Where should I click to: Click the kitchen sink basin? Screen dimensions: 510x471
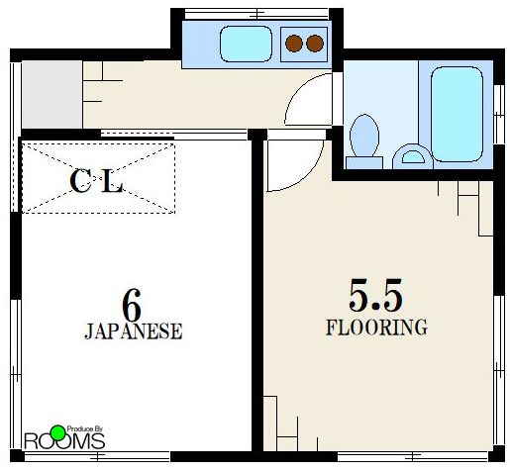point(247,44)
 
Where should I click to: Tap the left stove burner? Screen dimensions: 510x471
point(294,44)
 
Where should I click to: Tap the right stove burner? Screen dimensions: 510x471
point(315,44)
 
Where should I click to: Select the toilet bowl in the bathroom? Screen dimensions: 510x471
point(364,136)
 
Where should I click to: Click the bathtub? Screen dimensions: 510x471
point(457,114)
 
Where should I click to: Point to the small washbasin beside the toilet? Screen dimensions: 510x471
point(413,156)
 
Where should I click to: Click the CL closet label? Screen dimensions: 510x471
point(96,181)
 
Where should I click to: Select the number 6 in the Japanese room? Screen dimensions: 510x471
point(132,306)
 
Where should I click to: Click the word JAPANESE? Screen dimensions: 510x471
point(134,331)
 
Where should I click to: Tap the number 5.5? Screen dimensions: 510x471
point(375,295)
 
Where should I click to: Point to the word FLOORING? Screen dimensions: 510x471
point(376,328)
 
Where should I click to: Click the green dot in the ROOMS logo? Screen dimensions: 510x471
point(58,432)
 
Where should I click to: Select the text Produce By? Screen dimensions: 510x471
point(85,429)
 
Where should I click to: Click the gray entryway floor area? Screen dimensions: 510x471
point(51,94)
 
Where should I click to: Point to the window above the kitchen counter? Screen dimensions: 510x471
point(256,14)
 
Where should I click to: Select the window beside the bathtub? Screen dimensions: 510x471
point(499,115)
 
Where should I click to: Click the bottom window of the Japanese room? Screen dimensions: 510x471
point(97,457)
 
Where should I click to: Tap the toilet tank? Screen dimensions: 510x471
point(364,163)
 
